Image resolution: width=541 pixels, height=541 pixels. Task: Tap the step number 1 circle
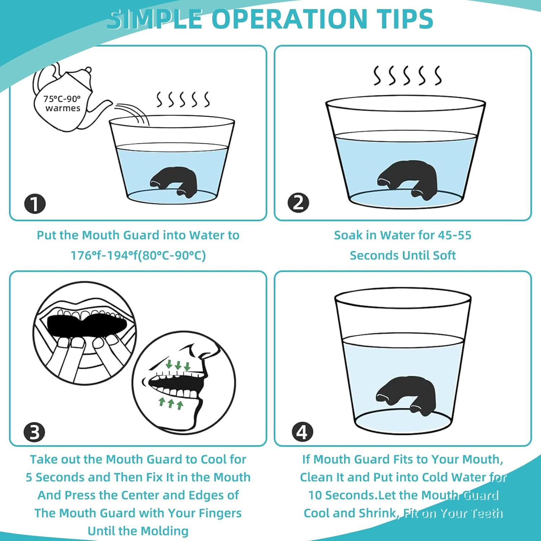(x=35, y=204)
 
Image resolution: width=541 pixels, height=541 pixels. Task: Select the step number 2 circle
(x=298, y=203)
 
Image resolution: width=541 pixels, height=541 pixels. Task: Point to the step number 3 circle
(x=34, y=432)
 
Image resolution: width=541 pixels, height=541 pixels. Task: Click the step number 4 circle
(x=302, y=432)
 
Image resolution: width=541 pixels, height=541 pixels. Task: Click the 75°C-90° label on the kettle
(x=62, y=99)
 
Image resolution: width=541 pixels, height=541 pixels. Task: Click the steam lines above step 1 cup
(x=182, y=100)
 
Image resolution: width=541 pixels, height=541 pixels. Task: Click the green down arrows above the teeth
(x=178, y=365)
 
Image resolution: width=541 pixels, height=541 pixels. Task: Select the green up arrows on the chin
(x=171, y=403)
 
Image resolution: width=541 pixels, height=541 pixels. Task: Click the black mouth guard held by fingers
(x=87, y=324)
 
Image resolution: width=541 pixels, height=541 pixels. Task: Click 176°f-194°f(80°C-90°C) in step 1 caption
(x=138, y=255)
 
